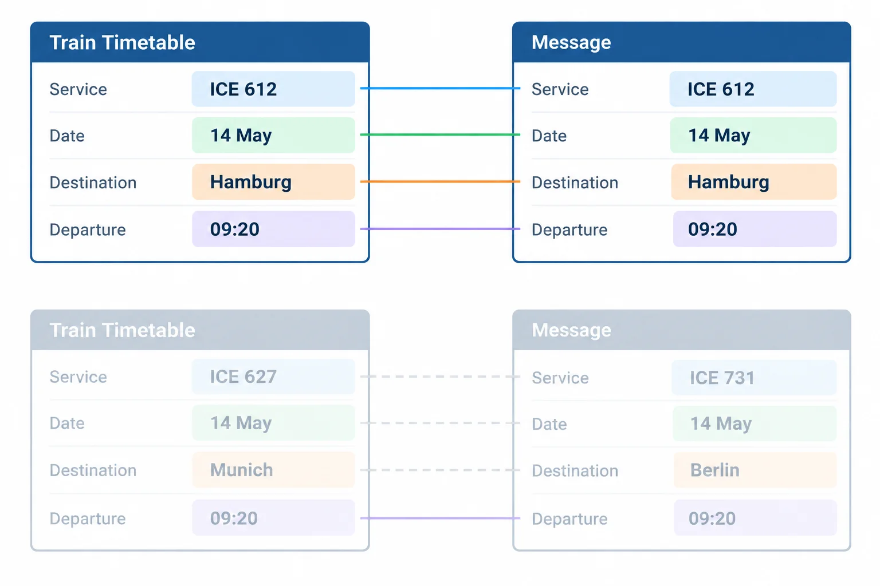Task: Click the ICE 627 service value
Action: click(x=243, y=377)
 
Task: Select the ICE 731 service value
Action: click(x=722, y=378)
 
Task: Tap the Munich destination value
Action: click(x=242, y=470)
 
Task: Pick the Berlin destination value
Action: click(x=715, y=470)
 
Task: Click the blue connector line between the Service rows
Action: click(x=441, y=88)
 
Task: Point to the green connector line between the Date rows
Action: click(x=441, y=134)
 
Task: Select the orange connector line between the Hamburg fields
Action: click(x=441, y=181)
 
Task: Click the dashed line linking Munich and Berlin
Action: click(x=441, y=470)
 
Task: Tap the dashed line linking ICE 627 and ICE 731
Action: click(x=441, y=377)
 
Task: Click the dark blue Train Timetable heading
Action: click(x=122, y=42)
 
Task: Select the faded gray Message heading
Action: click(x=571, y=330)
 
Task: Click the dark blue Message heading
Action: click(x=571, y=42)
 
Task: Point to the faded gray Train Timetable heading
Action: click(x=122, y=330)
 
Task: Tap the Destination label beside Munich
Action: click(x=93, y=470)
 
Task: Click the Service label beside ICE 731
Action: click(x=560, y=378)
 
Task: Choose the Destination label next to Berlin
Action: click(x=575, y=470)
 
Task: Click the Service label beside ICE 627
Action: click(x=78, y=377)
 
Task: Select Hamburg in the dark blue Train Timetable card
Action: click(x=250, y=182)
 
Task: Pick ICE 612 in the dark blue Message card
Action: click(x=721, y=89)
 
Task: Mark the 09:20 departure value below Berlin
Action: click(x=712, y=518)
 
